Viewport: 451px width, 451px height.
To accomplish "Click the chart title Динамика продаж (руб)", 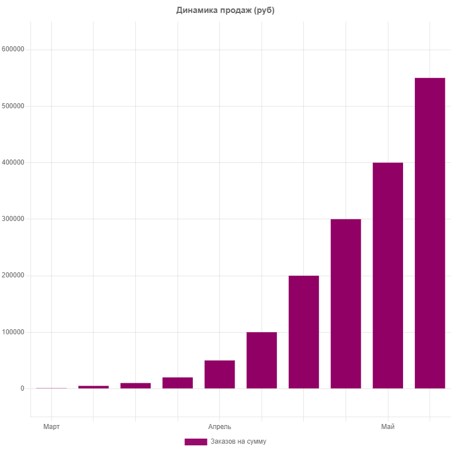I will (225, 10).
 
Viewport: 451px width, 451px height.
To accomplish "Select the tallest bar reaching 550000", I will (430, 233).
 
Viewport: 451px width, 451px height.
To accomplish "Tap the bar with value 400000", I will (388, 275).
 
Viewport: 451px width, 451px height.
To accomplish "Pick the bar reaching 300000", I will (346, 303).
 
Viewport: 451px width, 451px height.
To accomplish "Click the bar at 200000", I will (304, 331).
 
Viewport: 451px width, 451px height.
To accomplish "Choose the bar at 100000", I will (262, 360).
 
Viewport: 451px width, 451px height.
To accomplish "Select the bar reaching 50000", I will (219, 374).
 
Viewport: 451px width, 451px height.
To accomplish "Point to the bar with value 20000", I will (178, 382).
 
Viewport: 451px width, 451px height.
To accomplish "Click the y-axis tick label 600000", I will (14, 50).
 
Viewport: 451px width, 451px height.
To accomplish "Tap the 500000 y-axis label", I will (14, 106).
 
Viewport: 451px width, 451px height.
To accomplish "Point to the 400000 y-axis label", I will (14, 162).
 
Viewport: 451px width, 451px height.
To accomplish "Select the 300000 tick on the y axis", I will (14, 219).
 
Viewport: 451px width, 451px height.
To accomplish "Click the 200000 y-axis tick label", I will (14, 276).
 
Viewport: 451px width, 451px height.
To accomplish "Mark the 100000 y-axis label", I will (14, 332).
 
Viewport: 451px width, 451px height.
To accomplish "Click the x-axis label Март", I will (51, 427).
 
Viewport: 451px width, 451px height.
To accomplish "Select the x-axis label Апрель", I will (219, 427).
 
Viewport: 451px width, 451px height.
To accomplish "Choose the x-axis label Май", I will (388, 427).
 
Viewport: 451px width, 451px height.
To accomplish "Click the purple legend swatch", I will (196, 441).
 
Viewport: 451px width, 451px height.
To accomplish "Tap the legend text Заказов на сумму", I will (238, 441).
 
